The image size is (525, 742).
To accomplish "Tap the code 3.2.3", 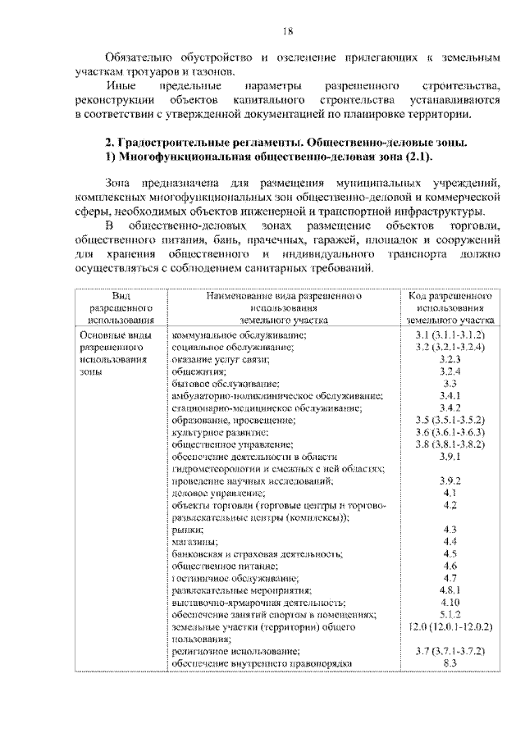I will (449, 360).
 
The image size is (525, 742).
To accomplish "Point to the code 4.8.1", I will (449, 590).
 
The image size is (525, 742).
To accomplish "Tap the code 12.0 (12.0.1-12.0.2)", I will (449, 626).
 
